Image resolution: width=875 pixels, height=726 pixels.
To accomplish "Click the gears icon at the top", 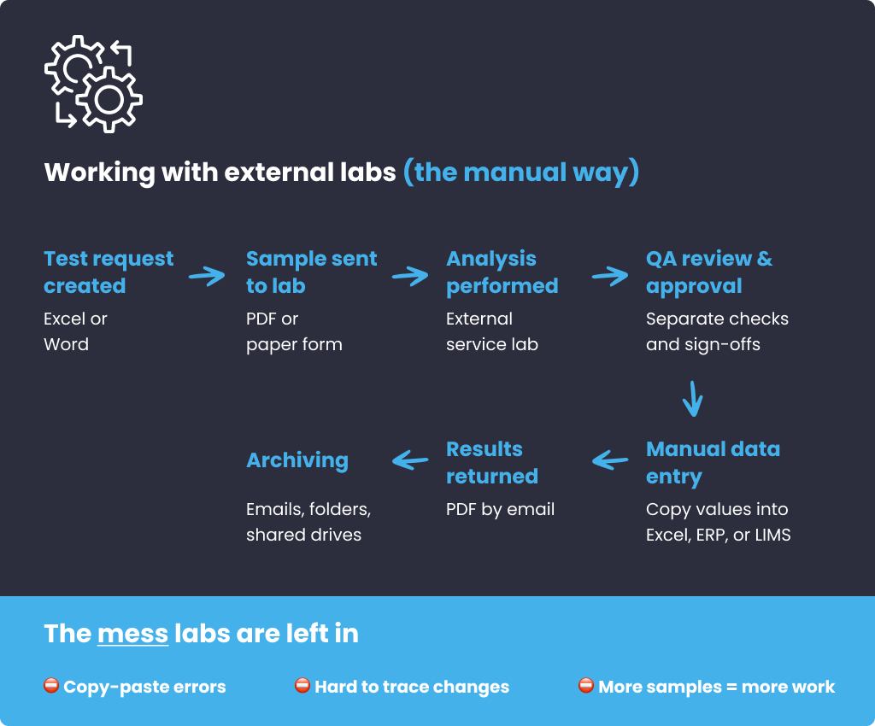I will (x=93, y=83).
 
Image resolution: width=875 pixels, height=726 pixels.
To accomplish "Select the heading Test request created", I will (x=109, y=272).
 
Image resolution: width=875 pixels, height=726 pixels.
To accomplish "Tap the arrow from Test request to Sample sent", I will (x=207, y=276).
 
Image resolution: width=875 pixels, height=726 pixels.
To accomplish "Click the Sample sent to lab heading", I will (x=311, y=272).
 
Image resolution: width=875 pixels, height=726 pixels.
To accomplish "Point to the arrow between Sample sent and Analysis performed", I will (x=410, y=276).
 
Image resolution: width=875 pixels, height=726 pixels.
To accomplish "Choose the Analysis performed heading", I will (x=502, y=272).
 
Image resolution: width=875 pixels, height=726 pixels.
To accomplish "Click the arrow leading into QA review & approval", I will (x=610, y=276).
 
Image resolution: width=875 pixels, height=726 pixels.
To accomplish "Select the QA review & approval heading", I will (x=709, y=272).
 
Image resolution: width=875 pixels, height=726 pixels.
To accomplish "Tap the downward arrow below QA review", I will (x=693, y=398).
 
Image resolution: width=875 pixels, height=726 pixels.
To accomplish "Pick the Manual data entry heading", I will (x=713, y=462).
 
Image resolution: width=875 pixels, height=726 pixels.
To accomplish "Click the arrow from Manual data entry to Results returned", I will (x=610, y=460).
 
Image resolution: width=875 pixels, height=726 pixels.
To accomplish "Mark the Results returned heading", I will (x=492, y=462).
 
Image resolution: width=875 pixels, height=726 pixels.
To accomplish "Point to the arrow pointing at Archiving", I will (x=410, y=460).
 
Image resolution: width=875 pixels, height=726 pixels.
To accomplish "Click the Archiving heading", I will (x=297, y=460).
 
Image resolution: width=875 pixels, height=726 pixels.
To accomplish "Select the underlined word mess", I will (x=132, y=634).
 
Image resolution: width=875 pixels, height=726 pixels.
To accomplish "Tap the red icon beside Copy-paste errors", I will (x=51, y=686).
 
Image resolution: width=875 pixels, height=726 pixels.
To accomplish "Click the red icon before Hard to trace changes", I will (x=302, y=686).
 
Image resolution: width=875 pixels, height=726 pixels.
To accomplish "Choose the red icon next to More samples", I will (x=586, y=686).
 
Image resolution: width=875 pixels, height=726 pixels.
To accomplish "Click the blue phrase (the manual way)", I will (x=521, y=173).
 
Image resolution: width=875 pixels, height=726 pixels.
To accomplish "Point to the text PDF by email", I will (x=500, y=510).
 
